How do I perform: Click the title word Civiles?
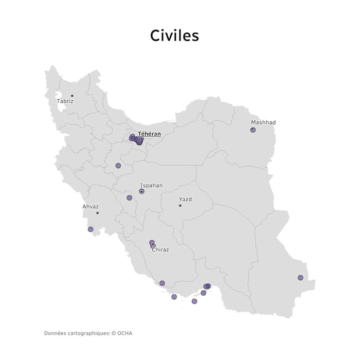(174, 35)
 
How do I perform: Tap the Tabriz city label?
(65, 101)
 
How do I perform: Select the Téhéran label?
(149, 134)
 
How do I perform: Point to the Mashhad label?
(263, 122)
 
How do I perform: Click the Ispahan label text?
(151, 185)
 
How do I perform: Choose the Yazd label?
(185, 199)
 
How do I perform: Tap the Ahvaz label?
(91, 207)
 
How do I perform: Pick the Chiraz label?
(160, 250)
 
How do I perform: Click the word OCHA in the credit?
(124, 333)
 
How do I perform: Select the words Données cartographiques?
(77, 333)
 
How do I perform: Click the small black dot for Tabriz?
(72, 96)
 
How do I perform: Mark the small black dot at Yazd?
(180, 206)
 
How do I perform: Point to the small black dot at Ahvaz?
(97, 213)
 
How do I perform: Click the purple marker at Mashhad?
(253, 130)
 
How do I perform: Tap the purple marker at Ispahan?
(142, 191)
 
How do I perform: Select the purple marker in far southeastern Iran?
(300, 278)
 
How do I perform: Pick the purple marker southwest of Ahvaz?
(91, 229)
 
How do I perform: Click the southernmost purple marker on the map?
(194, 301)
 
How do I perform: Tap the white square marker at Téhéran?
(139, 140)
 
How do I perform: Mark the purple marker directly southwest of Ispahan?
(129, 198)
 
